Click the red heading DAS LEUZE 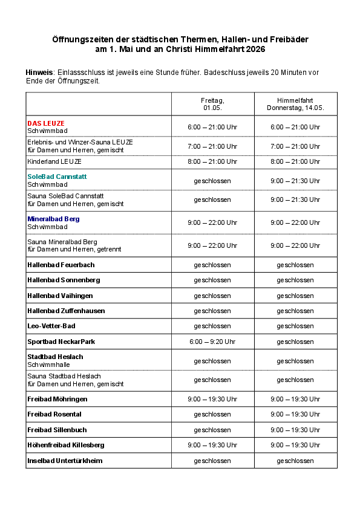click(x=46, y=123)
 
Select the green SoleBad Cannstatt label click(x=57, y=177)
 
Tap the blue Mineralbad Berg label click(x=53, y=219)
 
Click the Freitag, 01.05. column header click(x=212, y=104)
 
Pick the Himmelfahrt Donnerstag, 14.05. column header click(x=295, y=104)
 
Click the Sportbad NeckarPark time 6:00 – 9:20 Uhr click(x=212, y=342)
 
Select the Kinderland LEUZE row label click(x=54, y=161)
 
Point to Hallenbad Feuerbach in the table click(x=61, y=265)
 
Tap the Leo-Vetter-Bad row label click(x=51, y=326)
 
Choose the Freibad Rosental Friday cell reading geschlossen click(x=212, y=414)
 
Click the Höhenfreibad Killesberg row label click(x=66, y=445)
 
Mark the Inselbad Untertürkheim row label click(x=65, y=461)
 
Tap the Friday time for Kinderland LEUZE click(x=212, y=161)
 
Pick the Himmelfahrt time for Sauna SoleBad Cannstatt click(x=295, y=199)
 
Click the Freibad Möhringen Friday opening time click(x=212, y=399)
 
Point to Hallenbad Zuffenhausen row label click(x=66, y=311)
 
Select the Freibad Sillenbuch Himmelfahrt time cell click(x=295, y=430)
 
